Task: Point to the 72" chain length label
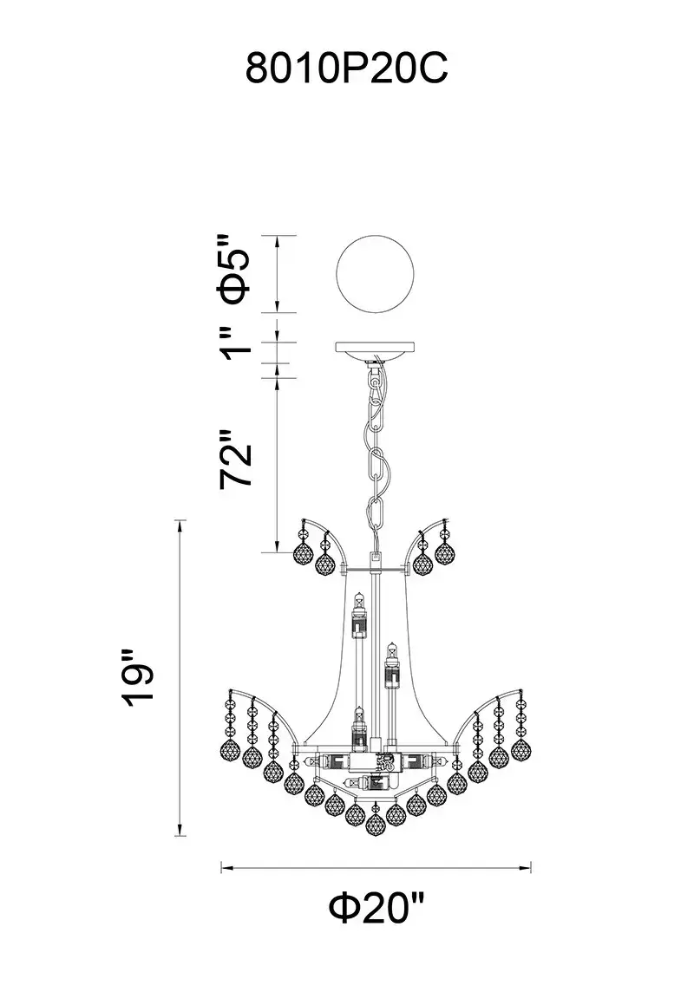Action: (x=235, y=459)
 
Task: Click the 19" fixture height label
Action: (x=139, y=677)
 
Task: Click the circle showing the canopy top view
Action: (x=376, y=275)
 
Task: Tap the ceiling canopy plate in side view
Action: (x=376, y=349)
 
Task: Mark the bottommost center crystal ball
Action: (x=376, y=825)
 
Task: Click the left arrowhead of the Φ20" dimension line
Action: (x=225, y=868)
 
